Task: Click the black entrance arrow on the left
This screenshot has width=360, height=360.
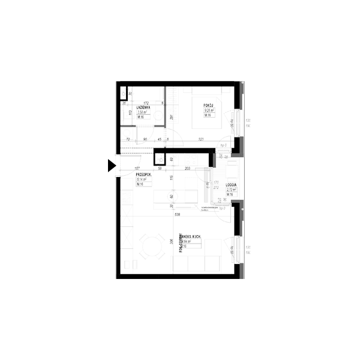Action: (111, 166)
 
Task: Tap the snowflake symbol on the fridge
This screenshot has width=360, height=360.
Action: (160, 158)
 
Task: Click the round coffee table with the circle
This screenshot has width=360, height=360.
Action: (172, 196)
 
